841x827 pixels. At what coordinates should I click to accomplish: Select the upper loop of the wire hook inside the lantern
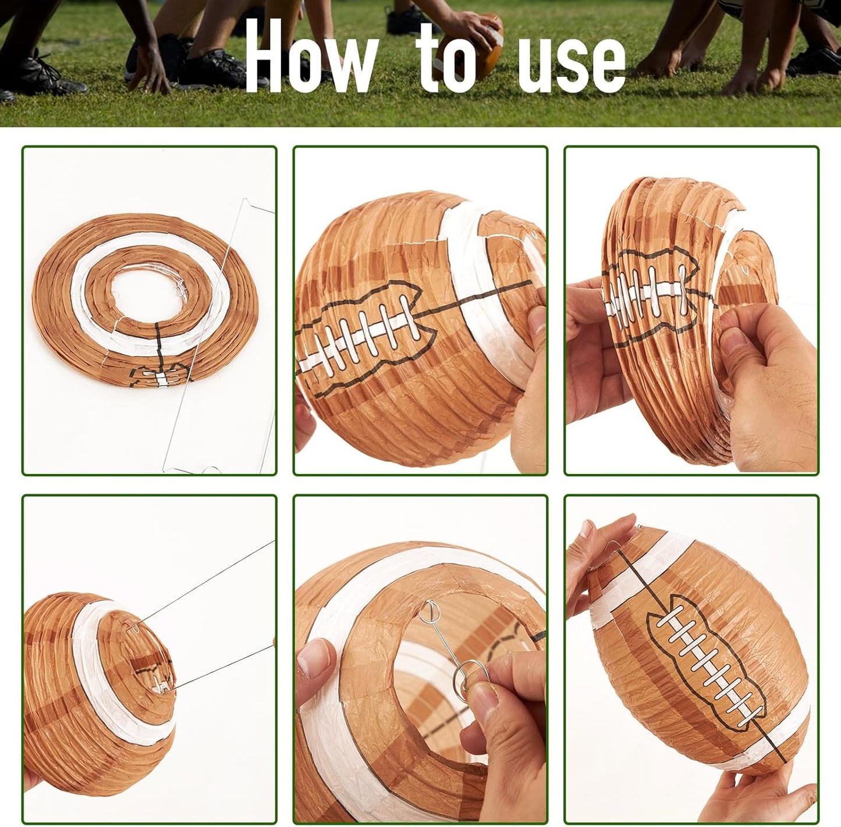coord(431,611)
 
